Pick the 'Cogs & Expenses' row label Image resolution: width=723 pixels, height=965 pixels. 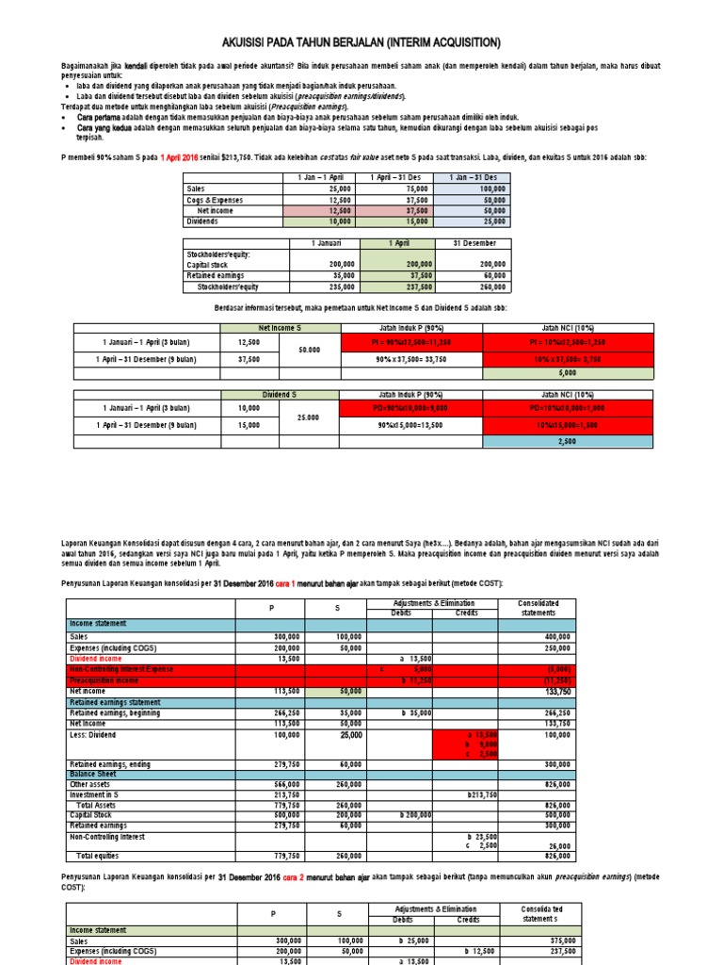pos(215,200)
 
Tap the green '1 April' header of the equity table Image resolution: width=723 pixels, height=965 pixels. pos(396,243)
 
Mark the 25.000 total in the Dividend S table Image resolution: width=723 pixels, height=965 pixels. pos(310,417)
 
